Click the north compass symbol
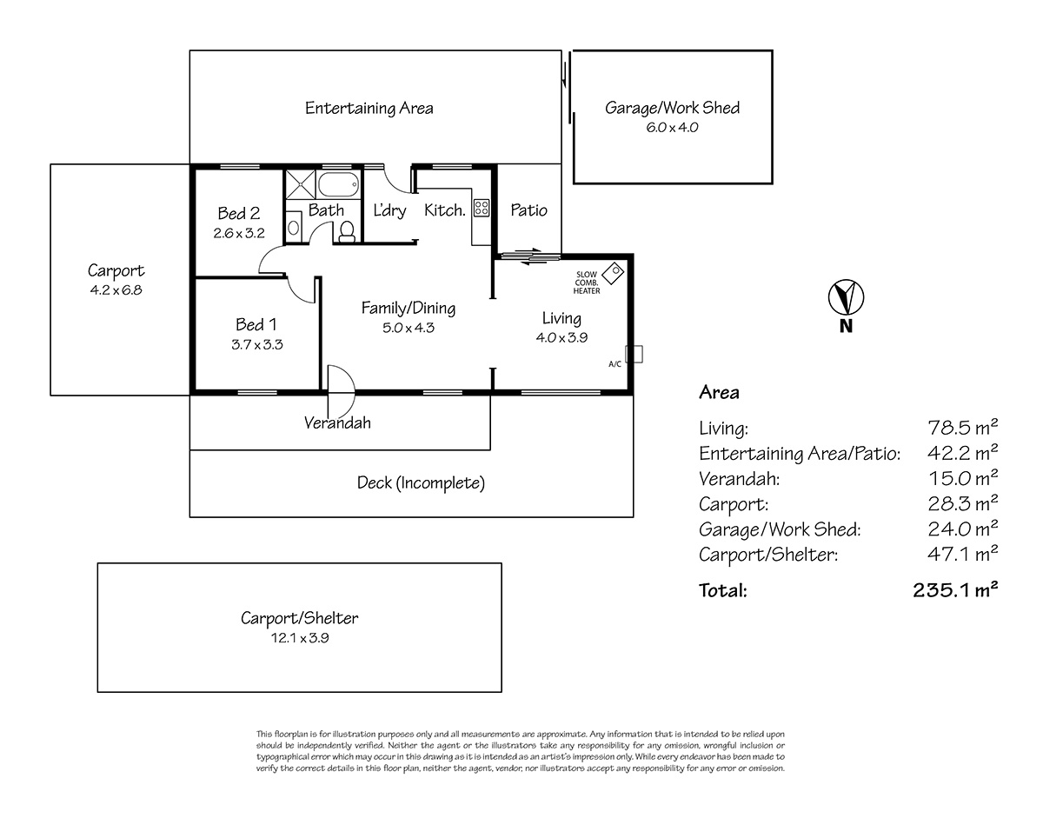tap(846, 297)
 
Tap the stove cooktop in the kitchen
tap(482, 208)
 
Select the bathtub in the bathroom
tap(338, 184)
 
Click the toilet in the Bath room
tap(347, 231)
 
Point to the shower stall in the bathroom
tap(301, 184)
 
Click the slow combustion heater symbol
tap(613, 273)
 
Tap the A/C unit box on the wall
tap(634, 355)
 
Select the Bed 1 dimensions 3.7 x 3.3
tap(256, 345)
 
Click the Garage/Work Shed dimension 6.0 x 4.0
tap(672, 128)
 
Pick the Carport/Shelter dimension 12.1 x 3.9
tap(300, 638)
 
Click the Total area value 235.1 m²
tap(955, 589)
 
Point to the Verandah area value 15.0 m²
tap(963, 477)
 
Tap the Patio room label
tap(528, 209)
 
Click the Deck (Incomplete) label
tap(421, 482)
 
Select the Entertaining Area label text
tap(369, 108)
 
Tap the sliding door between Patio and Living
tap(528, 256)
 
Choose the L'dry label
tap(389, 209)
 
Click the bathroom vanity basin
tap(293, 228)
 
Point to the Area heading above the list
tap(719, 392)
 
